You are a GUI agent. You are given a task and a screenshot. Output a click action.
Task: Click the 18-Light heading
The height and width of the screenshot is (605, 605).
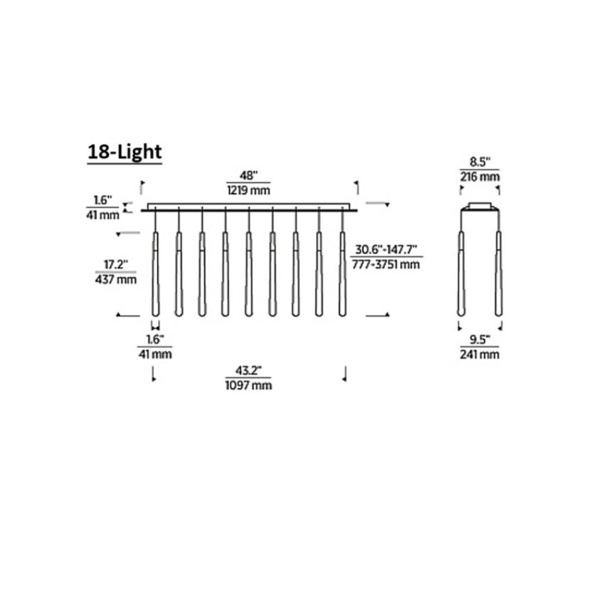point(125,152)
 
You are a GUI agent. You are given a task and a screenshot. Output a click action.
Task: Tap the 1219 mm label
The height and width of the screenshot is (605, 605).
point(248,190)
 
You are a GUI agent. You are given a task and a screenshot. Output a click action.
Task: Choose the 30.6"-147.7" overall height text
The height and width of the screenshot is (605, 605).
point(386,251)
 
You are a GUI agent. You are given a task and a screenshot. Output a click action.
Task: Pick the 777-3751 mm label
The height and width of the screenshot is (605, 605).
point(386,265)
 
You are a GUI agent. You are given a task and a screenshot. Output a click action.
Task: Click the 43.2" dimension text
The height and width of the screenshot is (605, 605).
point(248,371)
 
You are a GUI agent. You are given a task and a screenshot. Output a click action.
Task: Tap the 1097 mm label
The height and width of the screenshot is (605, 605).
point(248,385)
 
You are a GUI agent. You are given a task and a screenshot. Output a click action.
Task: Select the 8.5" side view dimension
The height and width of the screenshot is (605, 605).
point(479,162)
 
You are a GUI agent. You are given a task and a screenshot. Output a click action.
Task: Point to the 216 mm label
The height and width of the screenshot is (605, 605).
point(479,176)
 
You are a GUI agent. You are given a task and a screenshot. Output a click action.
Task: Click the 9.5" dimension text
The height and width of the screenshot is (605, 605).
point(479,340)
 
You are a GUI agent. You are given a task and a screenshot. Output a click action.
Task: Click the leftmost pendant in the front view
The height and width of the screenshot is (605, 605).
point(155,274)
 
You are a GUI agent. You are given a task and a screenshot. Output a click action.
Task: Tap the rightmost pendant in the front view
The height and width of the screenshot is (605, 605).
point(342,274)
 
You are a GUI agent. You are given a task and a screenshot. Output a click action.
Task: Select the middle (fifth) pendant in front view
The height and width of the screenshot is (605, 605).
point(248,274)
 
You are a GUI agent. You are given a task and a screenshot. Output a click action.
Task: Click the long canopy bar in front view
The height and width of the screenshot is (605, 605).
point(248,209)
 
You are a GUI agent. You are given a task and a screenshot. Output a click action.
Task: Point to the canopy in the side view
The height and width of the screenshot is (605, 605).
point(479,207)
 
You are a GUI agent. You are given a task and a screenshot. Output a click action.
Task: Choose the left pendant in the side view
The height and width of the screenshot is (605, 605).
point(461,274)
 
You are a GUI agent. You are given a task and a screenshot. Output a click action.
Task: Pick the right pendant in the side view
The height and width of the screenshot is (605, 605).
point(498,274)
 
